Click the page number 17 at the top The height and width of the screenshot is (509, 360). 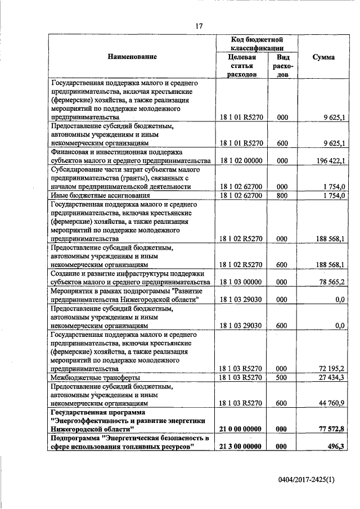[199, 25]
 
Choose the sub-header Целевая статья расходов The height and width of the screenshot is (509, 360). [238, 66]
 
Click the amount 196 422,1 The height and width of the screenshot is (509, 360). [330, 160]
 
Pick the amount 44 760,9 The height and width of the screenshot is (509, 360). [331, 403]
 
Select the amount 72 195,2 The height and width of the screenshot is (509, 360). [331, 368]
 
